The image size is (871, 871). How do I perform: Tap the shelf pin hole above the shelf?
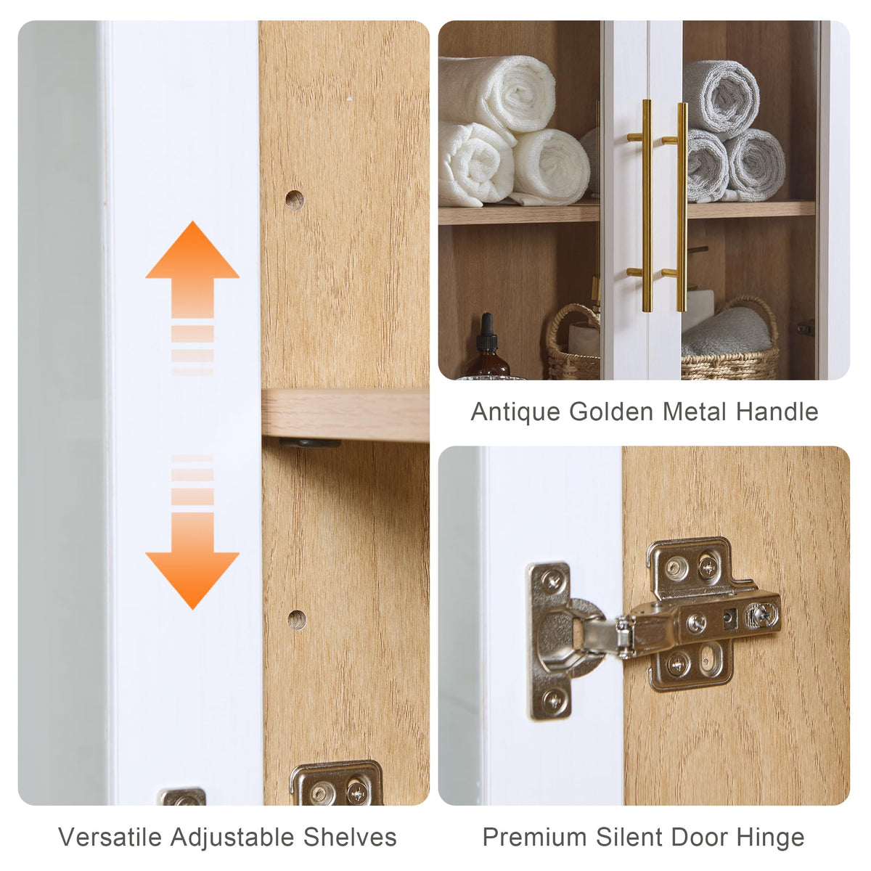point(295,200)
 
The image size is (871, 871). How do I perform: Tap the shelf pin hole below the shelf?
point(297,620)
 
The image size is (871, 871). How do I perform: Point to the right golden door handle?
point(679,207)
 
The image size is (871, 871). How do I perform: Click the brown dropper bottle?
point(487,349)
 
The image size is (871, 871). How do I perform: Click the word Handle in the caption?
point(777,412)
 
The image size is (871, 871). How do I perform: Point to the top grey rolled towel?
point(721,98)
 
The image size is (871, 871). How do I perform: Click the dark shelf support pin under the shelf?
point(310,443)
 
